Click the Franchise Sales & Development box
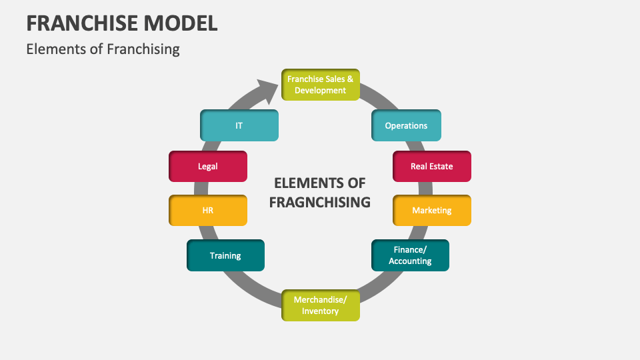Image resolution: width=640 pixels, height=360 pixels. point(320,85)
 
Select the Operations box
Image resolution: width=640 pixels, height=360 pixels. point(406,125)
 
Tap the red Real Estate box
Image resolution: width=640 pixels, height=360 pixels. point(431,166)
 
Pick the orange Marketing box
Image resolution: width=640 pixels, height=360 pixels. point(431,210)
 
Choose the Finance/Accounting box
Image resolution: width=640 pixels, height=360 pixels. point(409,255)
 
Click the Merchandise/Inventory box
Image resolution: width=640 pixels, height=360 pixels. point(320,305)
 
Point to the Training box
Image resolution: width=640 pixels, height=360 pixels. point(225,255)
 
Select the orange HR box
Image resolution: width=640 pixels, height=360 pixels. point(208,210)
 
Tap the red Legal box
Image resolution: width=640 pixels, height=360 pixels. point(208,166)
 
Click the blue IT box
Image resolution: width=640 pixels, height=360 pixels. point(239,125)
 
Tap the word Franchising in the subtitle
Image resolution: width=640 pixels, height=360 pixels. point(143,49)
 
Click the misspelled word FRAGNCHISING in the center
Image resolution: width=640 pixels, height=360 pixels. point(320,202)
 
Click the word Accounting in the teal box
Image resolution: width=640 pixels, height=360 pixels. point(410,261)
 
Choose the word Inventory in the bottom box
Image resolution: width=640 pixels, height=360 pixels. point(320,311)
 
